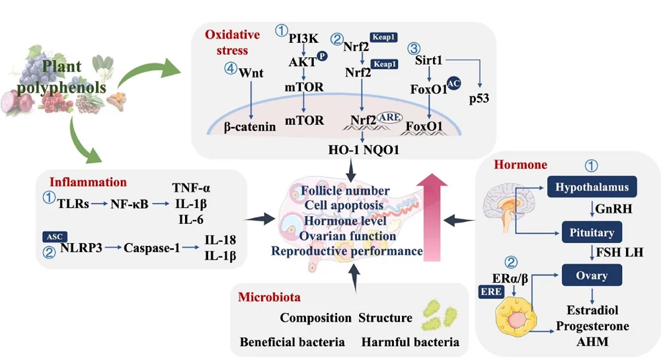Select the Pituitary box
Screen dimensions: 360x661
click(x=588, y=233)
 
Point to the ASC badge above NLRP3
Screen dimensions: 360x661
click(x=53, y=236)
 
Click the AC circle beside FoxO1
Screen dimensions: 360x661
click(x=453, y=83)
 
